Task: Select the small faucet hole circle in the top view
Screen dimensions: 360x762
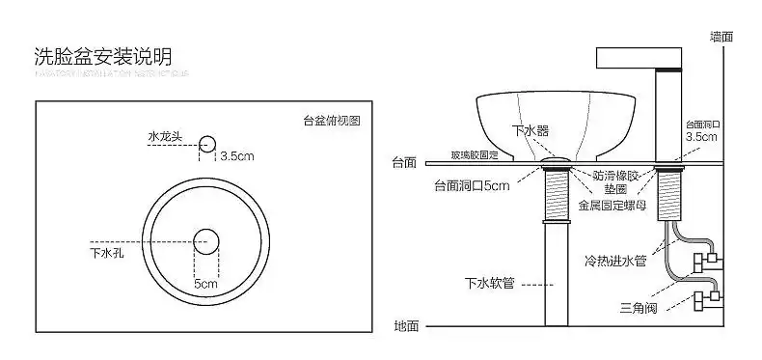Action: (206, 145)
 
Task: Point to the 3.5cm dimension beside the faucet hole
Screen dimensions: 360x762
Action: (237, 155)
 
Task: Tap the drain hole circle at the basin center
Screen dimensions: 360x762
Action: (205, 240)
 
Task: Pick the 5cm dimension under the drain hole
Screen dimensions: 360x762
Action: (205, 285)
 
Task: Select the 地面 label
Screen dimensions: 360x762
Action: (406, 326)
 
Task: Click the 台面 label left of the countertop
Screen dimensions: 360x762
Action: (404, 162)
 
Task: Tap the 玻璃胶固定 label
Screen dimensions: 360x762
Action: (475, 154)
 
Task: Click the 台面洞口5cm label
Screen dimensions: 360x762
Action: (471, 185)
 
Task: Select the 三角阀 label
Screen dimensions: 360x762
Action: (638, 309)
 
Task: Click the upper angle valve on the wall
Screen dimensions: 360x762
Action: (707, 260)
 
